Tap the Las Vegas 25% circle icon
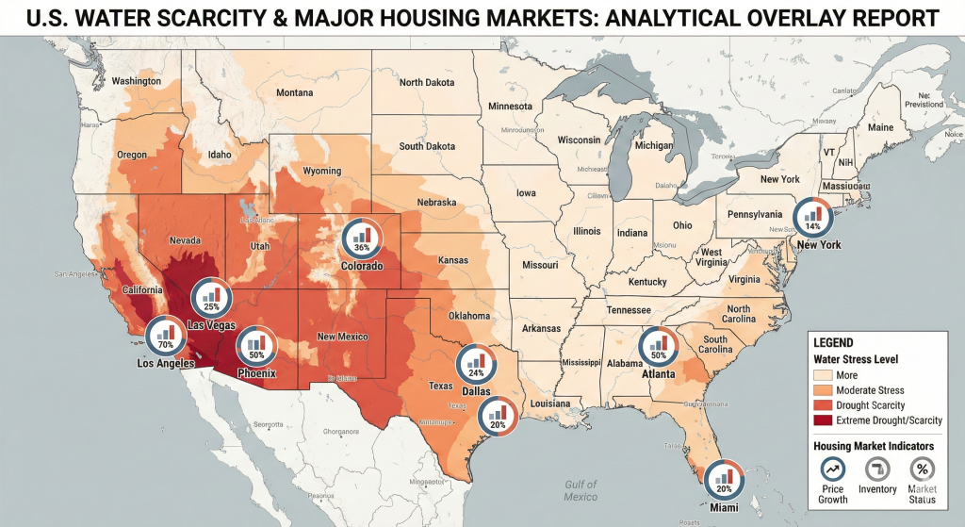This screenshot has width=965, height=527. point(211,298)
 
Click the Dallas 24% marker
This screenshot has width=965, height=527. point(476,363)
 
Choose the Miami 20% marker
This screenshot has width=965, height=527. point(724,479)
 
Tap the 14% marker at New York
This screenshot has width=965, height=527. point(812,217)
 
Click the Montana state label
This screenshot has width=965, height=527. point(294,92)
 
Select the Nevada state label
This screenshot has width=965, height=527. point(185,239)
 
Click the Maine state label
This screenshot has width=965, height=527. point(880,127)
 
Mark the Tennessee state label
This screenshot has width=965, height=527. point(627,310)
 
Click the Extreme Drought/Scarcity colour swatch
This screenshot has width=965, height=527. point(825,420)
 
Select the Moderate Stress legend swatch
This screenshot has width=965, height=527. point(825,389)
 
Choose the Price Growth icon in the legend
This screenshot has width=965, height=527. point(833,469)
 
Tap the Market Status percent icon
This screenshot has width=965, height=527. point(923,469)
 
